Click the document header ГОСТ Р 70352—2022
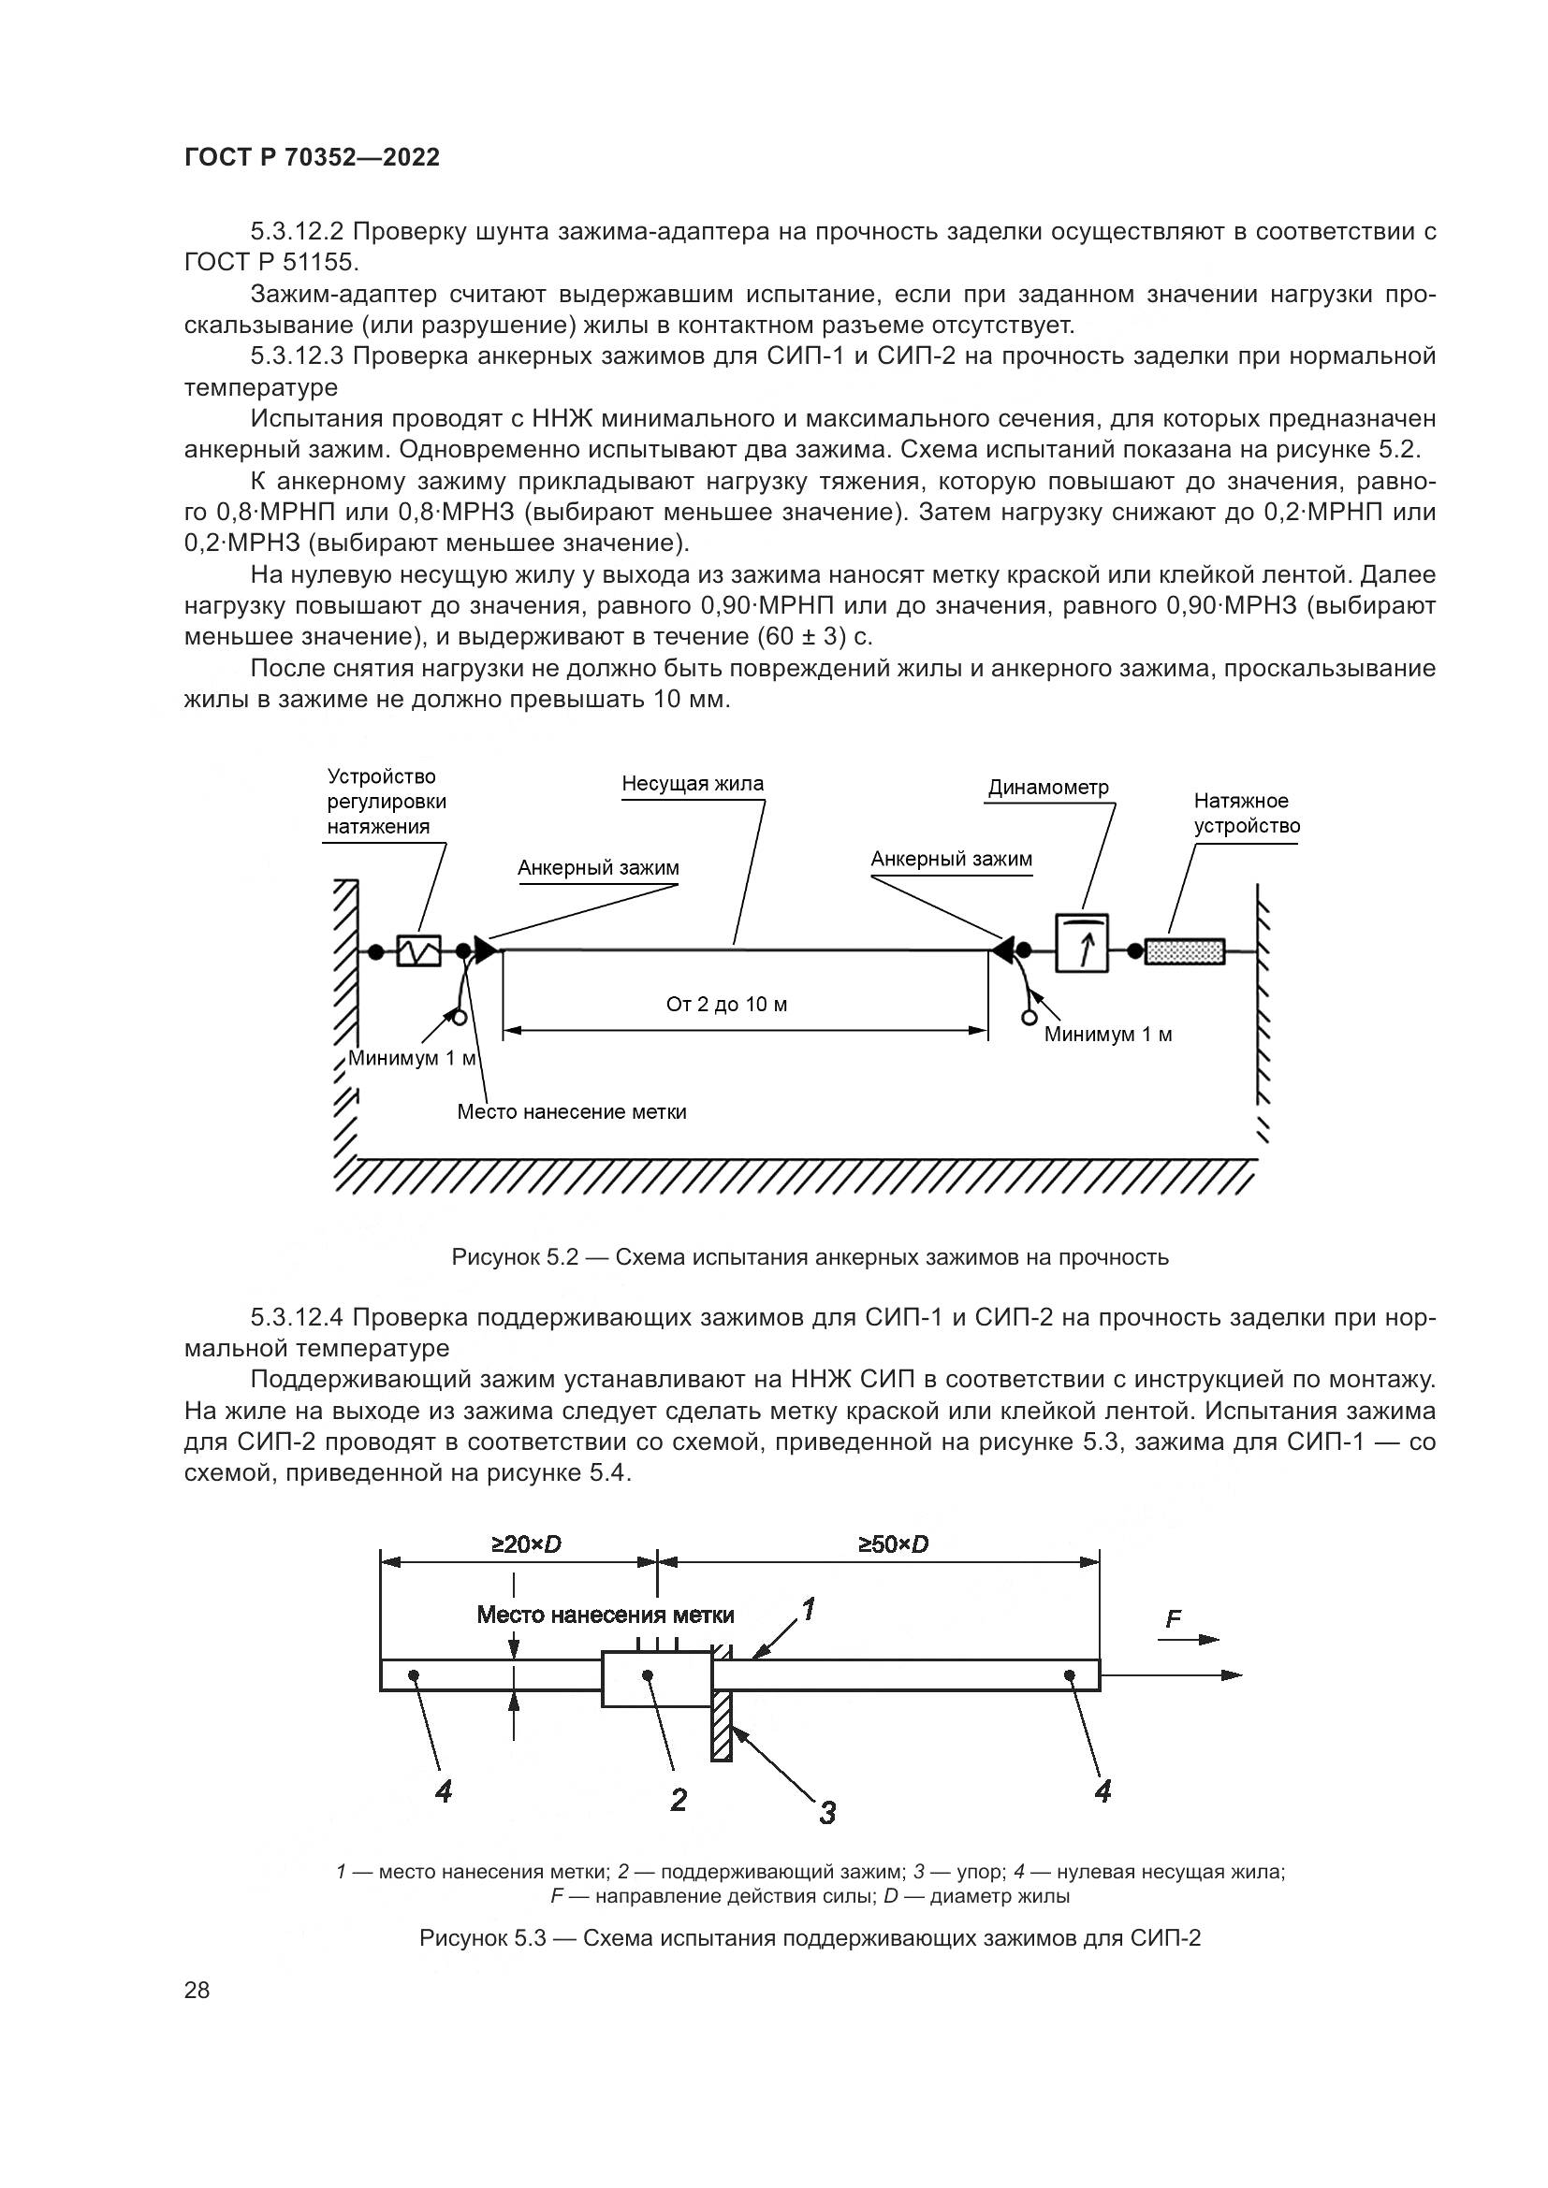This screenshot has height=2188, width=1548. pos(312,157)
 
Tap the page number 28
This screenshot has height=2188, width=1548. pos(197,1990)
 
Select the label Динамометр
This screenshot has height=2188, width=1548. pos(1048,787)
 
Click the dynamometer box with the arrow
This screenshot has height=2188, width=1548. pos(1082,943)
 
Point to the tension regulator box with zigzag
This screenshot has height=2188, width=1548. pos(418,950)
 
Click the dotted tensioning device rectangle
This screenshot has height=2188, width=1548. pos(1184,951)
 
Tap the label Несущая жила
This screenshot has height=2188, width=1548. pos(693,783)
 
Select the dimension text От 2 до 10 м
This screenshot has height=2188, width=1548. pos(726,1005)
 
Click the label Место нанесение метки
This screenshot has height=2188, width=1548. pos(572,1111)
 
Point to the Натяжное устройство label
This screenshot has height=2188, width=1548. pos(1247,813)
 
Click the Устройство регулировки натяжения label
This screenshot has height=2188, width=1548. pos(386,802)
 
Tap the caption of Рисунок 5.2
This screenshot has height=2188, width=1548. pos(811,1257)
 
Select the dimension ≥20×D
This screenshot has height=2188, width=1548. pos(526,1543)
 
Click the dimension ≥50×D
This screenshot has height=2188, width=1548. pos(892,1543)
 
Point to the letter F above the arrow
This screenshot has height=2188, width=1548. pos(1174,1619)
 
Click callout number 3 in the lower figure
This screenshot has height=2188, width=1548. pos(827,1812)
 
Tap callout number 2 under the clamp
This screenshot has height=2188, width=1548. pos(679,1799)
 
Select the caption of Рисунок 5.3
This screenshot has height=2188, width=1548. pos(811,1937)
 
